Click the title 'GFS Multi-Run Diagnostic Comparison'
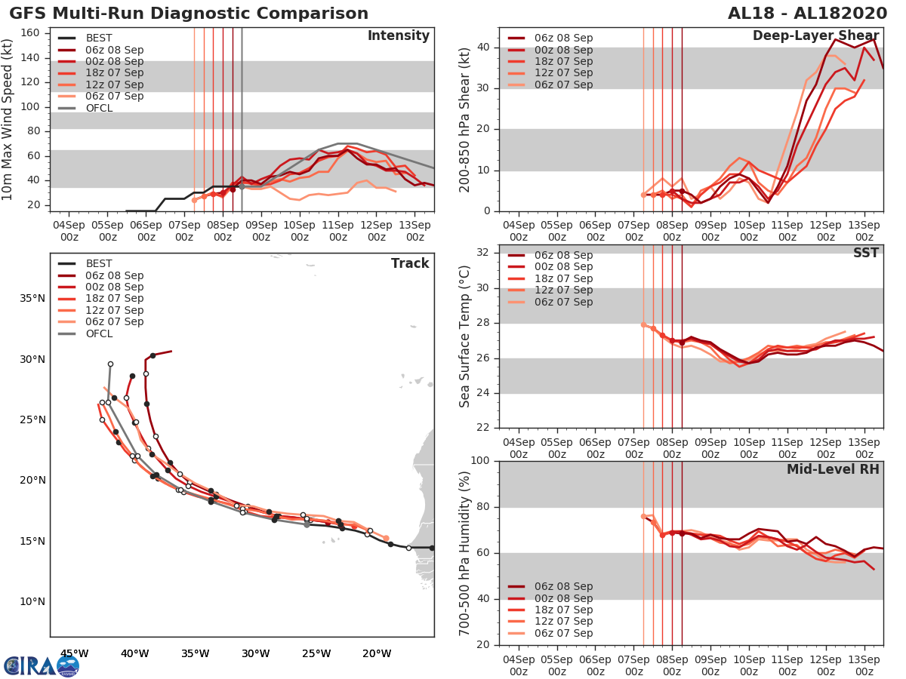(x=189, y=14)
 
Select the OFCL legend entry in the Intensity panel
(x=99, y=108)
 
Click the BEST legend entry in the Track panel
(x=99, y=264)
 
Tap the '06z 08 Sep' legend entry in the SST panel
(x=563, y=255)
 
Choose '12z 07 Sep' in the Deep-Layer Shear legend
(x=563, y=73)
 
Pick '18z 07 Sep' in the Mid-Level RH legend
(x=563, y=610)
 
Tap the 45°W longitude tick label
(x=74, y=653)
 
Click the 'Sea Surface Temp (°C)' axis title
(x=465, y=336)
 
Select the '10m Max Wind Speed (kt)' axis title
(x=8, y=120)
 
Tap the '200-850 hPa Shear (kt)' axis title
(x=465, y=120)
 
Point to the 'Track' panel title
(x=409, y=263)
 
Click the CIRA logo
(x=41, y=665)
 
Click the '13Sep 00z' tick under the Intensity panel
(x=415, y=231)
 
